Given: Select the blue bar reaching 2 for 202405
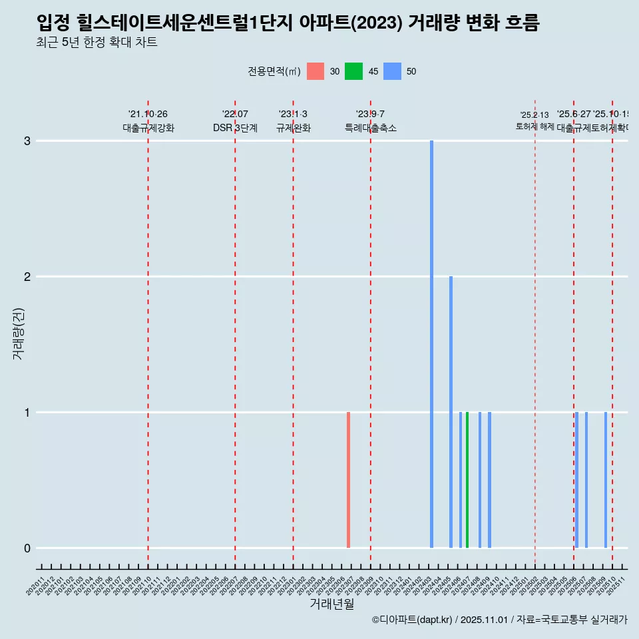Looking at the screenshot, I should (451, 412).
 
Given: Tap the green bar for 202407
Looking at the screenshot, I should (467, 480).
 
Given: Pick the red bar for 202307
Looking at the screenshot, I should (348, 480).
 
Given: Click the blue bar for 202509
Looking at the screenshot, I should (606, 480).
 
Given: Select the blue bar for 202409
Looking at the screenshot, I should (489, 480).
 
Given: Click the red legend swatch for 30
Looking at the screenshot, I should (316, 71).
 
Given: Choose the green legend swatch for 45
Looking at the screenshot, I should (353, 71).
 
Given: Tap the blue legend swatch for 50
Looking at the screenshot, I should (393, 71).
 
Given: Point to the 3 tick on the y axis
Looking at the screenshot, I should (27, 141).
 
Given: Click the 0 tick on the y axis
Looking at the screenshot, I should (27, 548).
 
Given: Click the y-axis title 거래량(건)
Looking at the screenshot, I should (19, 333).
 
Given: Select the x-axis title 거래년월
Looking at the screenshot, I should (331, 604).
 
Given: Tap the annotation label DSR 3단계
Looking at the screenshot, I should (235, 128).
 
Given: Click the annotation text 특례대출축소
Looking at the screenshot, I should (371, 128).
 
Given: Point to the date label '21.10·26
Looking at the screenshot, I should (148, 114).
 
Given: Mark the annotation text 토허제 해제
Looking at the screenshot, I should (535, 126).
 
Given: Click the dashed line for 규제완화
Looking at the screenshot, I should (293, 333).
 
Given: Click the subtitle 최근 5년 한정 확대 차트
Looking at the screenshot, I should (97, 43).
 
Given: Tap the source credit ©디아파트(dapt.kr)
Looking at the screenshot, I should (412, 620).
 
